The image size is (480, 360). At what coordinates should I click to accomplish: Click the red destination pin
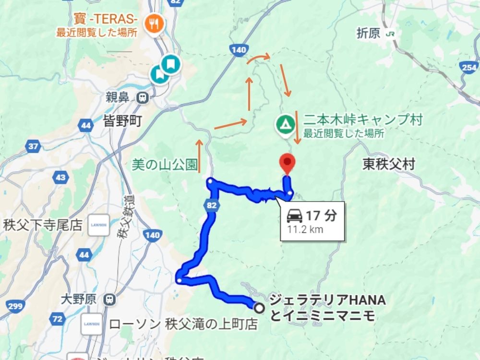pos(287,162)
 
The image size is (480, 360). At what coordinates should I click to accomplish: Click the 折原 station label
pos(369,33)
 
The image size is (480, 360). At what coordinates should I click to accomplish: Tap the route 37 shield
pos(34,146)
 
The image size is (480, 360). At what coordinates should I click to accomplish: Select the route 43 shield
pos(60,178)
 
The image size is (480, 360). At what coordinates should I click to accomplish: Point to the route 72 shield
pos(58,319)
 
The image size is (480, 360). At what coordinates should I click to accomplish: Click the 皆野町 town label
pos(122,122)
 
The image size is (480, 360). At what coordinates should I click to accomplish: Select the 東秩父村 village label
pos(389,165)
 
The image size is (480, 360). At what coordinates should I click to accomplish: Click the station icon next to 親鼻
pos(142,98)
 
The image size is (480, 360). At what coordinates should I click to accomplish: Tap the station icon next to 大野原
pos(110,300)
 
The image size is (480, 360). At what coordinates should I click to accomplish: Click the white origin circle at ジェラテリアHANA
pos(260,308)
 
